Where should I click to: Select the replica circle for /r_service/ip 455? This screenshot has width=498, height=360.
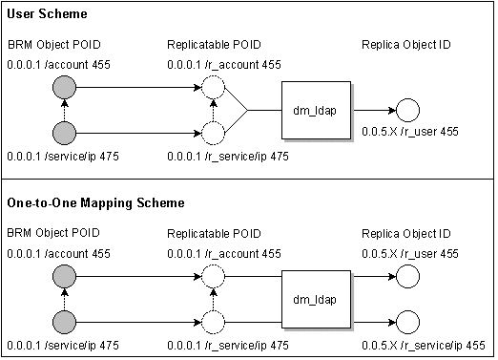tap(407, 321)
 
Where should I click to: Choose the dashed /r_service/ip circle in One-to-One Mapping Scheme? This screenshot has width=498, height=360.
tap(213, 320)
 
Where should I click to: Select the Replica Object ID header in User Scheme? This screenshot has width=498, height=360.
tap(406, 45)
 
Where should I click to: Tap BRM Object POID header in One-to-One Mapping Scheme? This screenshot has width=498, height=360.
tap(53, 232)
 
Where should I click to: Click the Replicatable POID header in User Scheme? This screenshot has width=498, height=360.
tap(214, 45)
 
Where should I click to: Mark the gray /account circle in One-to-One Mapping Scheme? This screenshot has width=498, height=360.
tap(64, 278)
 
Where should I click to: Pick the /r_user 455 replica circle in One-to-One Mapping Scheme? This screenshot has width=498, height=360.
tap(407, 278)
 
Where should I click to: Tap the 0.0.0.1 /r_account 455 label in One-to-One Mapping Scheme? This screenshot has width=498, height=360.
tap(224, 253)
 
